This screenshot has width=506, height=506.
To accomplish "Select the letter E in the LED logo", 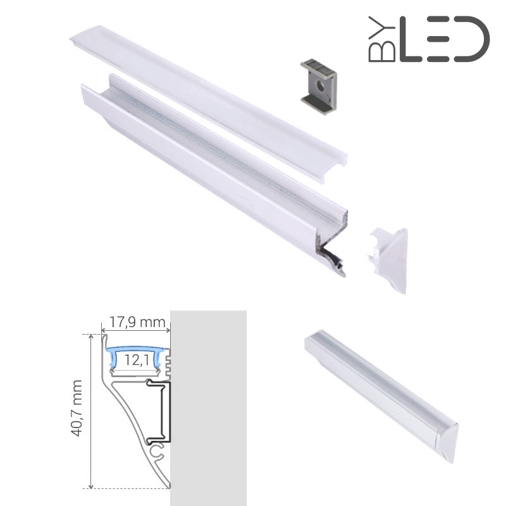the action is [x=438, y=39].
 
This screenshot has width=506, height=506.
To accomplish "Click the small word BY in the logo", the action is [x=382, y=39].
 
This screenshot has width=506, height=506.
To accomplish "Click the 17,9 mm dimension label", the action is [x=137, y=322].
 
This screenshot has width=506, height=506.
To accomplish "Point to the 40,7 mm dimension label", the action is [x=77, y=408].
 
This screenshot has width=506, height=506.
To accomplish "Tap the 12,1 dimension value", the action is [x=137, y=360].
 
